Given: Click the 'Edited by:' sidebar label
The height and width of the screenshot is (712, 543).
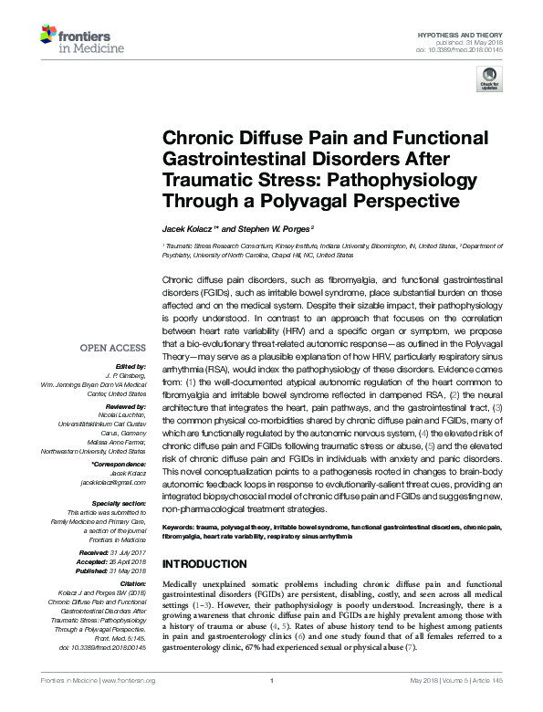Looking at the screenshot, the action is pos(130,364).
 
